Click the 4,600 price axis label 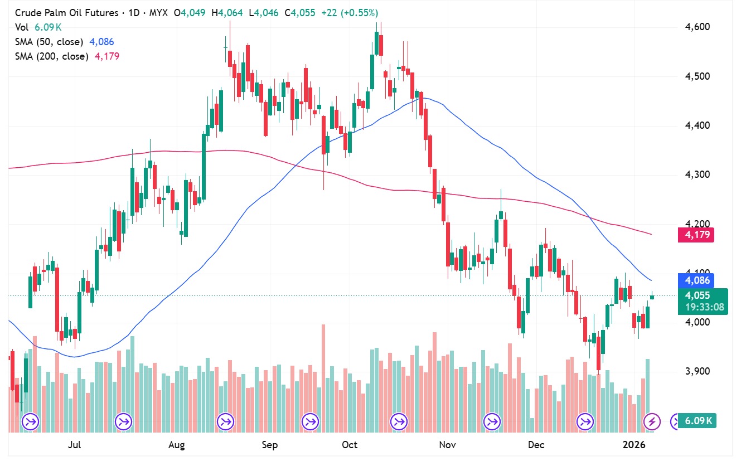[x=696, y=27]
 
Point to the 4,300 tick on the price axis [x=696, y=174]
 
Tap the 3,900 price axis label [x=696, y=371]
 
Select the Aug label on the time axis [x=176, y=445]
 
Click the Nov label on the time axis [x=448, y=445]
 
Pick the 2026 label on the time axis [x=634, y=445]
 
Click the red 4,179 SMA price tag [x=695, y=235]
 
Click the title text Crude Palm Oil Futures [x=66, y=12]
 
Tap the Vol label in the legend [x=21, y=27]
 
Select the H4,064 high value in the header [x=227, y=12]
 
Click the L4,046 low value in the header [x=266, y=12]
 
